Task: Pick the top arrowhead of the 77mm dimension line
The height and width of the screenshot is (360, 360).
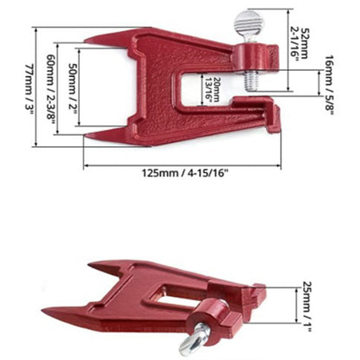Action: click(35, 29)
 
